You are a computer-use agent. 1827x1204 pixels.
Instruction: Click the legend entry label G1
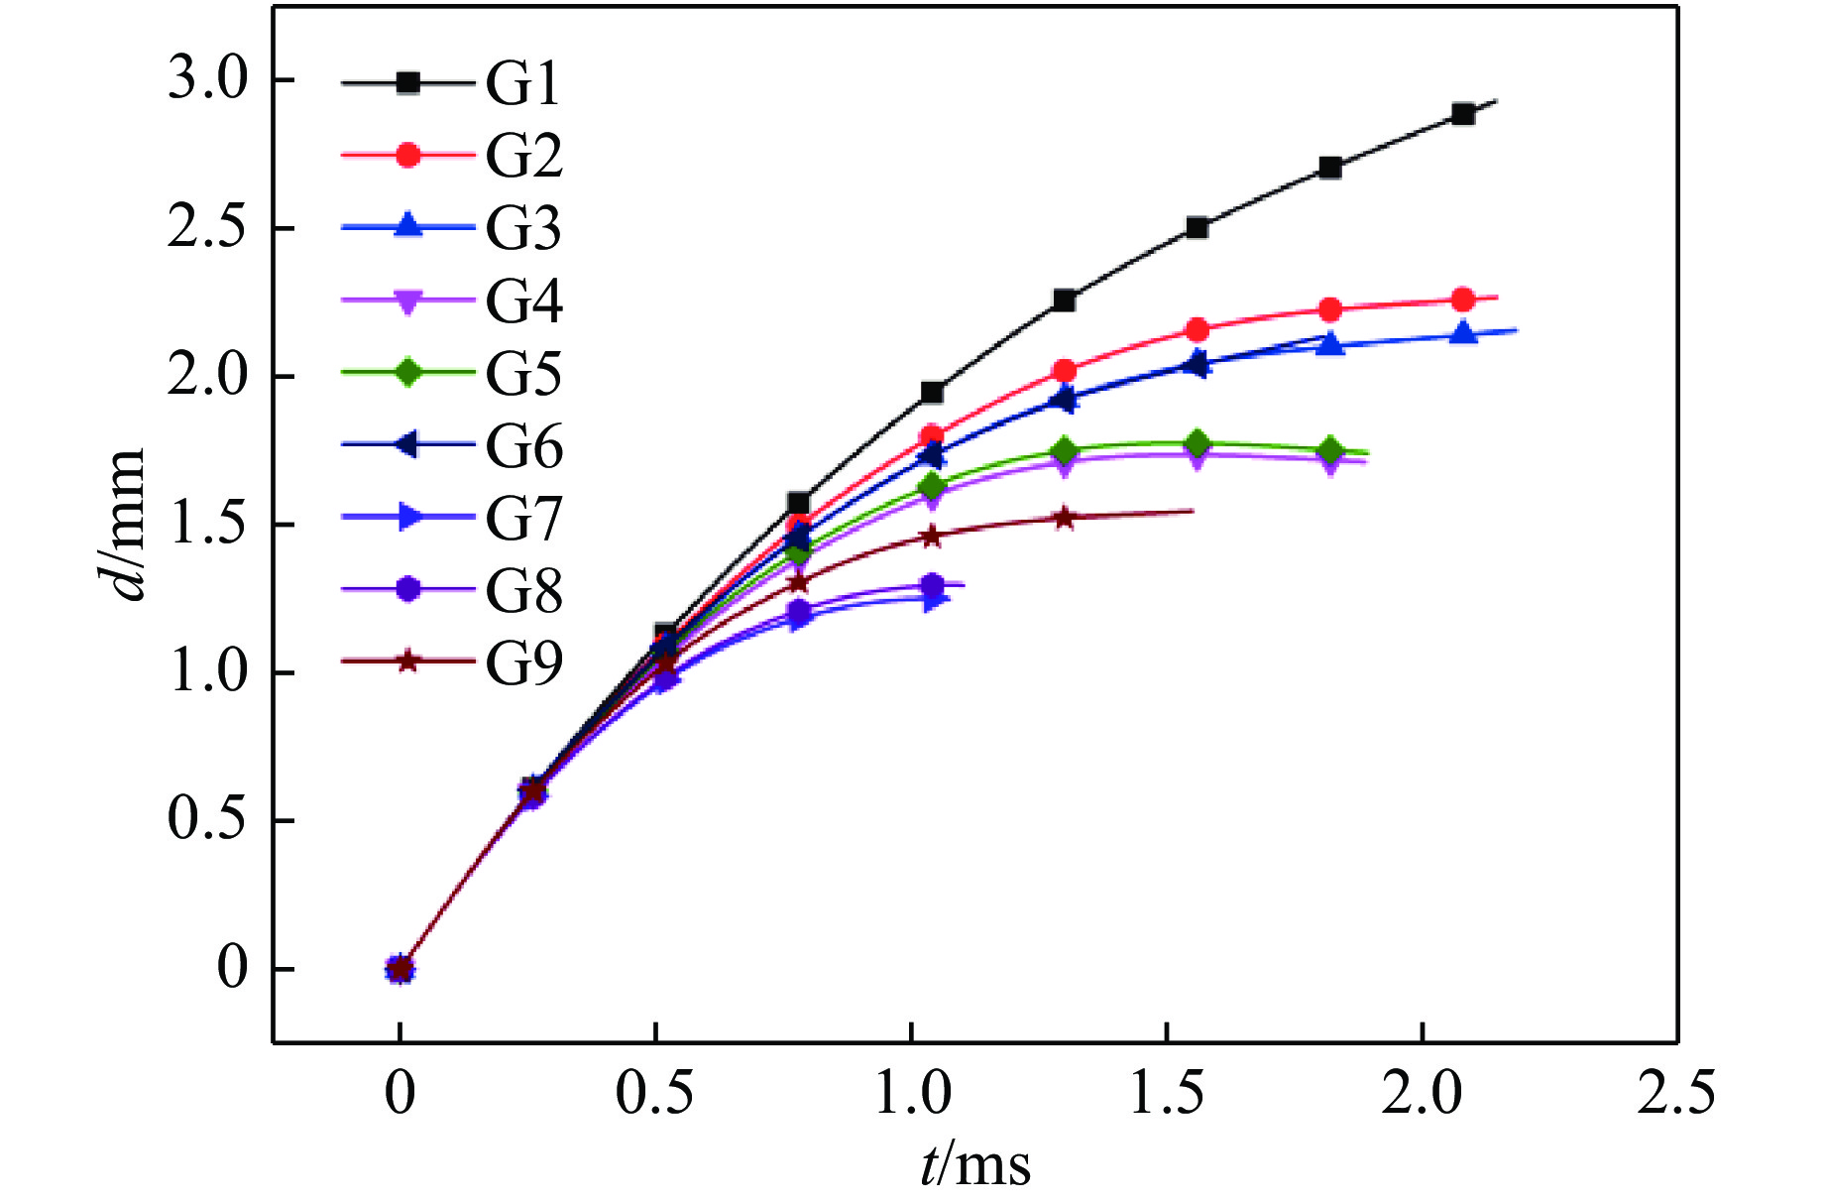tap(522, 83)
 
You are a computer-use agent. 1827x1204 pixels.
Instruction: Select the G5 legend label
tap(523, 374)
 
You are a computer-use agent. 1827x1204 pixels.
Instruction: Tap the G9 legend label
tap(523, 663)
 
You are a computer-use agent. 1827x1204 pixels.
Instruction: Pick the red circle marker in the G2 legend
tap(407, 155)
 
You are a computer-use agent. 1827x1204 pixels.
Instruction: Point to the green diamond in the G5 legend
tap(407, 373)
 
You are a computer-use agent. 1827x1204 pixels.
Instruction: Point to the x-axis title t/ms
tap(975, 1164)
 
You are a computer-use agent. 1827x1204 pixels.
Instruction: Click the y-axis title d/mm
tap(128, 524)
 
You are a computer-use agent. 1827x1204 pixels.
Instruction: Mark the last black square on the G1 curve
tap(1462, 114)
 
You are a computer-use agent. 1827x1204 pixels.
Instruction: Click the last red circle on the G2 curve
tap(1462, 300)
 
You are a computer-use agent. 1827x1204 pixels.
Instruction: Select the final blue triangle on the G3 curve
tap(1462, 333)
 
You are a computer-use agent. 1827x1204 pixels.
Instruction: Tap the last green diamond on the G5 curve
tap(1330, 450)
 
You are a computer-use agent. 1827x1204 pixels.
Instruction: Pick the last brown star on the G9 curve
tap(1064, 518)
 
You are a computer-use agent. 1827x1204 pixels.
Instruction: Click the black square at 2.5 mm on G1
tap(1197, 227)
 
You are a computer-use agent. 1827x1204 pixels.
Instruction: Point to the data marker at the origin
tap(400, 969)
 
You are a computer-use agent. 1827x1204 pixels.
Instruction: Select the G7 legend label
tap(523, 519)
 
